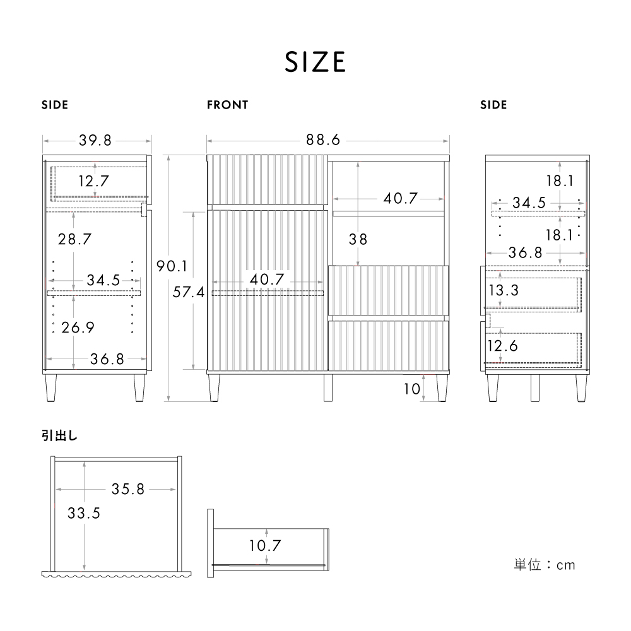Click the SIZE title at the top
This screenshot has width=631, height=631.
(315, 62)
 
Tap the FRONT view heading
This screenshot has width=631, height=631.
(227, 105)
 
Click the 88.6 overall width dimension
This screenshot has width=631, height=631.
(323, 140)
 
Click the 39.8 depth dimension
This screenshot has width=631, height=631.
(96, 140)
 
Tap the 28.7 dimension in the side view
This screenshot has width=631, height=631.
(74, 239)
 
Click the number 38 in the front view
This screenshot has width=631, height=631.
(358, 239)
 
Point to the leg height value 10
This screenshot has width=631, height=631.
(411, 389)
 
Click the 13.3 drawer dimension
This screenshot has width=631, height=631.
(503, 290)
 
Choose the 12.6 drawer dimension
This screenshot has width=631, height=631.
(503, 345)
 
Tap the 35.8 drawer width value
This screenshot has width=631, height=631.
(128, 489)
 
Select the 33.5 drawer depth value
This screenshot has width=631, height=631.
(84, 513)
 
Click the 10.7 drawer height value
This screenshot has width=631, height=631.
(266, 545)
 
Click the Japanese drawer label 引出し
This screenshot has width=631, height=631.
(60, 435)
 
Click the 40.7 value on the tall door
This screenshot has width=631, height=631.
(268, 279)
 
